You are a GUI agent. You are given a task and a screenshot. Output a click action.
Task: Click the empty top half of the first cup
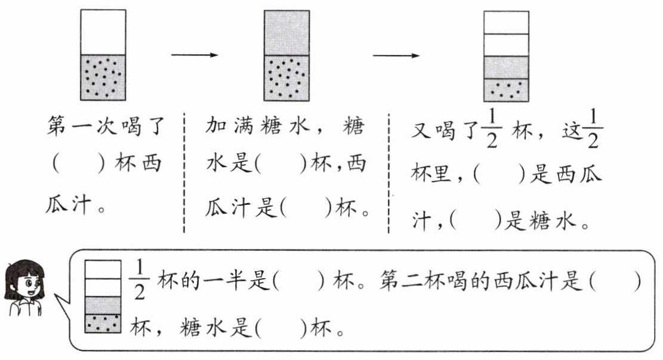tap(103, 32)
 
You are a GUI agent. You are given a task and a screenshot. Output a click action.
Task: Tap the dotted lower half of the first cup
tap(103, 78)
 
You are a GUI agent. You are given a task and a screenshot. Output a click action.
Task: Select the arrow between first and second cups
tap(195, 54)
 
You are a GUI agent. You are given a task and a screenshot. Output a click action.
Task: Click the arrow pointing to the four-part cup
tap(396, 56)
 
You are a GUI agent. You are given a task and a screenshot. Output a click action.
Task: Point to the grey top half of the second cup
tap(286, 33)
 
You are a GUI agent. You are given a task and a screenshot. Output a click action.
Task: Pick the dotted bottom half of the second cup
tap(286, 78)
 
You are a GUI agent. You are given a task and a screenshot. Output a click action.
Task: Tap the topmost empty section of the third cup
tap(506, 23)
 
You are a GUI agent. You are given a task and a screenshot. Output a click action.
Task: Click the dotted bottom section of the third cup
tap(506, 90)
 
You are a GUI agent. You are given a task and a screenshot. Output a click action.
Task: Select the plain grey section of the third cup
tap(506, 67)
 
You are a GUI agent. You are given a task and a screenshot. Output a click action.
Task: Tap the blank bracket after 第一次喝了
tap(79, 164)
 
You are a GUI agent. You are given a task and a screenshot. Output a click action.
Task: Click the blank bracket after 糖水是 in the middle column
tap(280, 164)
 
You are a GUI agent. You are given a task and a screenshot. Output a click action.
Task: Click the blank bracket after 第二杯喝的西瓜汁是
tap(615, 281)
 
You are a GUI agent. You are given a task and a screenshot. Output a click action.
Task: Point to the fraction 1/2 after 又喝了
tap(491, 128)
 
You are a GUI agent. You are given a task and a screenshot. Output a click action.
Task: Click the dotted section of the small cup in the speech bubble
tap(103, 324)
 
